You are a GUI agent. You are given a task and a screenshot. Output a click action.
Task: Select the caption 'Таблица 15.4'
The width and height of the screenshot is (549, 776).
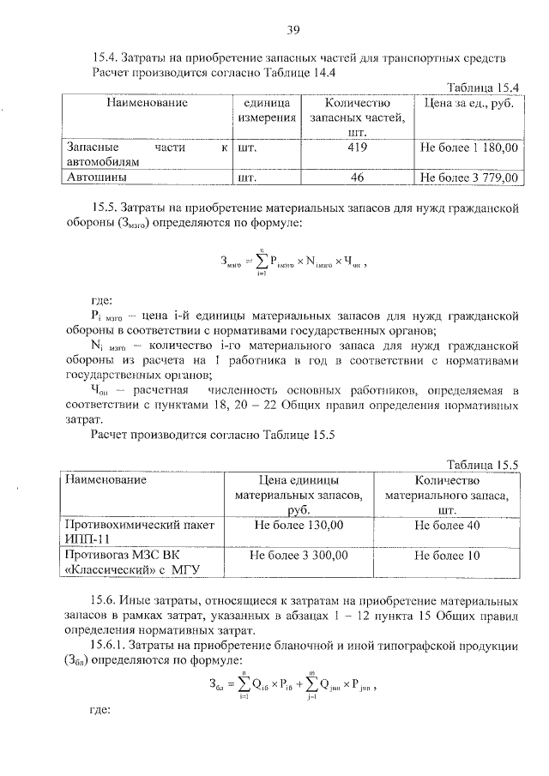(x=485, y=87)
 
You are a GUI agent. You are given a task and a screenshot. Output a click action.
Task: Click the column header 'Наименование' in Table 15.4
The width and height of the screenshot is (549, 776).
(x=147, y=103)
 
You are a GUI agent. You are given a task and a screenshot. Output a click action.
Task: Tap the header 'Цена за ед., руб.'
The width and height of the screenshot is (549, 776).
(x=469, y=103)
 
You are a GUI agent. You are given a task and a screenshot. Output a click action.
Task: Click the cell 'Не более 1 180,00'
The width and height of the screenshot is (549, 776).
(x=469, y=147)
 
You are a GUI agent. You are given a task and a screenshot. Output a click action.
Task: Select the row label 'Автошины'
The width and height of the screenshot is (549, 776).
(x=94, y=177)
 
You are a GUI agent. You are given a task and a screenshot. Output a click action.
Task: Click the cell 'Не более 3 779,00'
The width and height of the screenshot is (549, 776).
(x=469, y=177)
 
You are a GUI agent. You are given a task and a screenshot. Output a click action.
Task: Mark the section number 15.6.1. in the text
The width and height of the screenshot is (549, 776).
(x=111, y=643)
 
